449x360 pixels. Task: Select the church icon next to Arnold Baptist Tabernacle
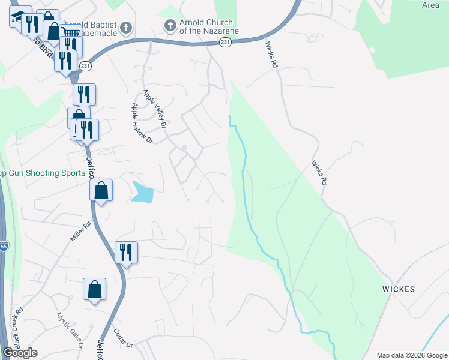pos(125,27)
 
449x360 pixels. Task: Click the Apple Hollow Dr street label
pos(142,123)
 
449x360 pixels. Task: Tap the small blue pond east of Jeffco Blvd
pos(143,192)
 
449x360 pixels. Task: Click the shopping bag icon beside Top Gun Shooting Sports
pos(101,190)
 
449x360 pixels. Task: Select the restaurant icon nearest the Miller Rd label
pos(126,251)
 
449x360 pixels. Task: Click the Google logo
pos(20,353)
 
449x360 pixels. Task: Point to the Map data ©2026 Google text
pos(412,355)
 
